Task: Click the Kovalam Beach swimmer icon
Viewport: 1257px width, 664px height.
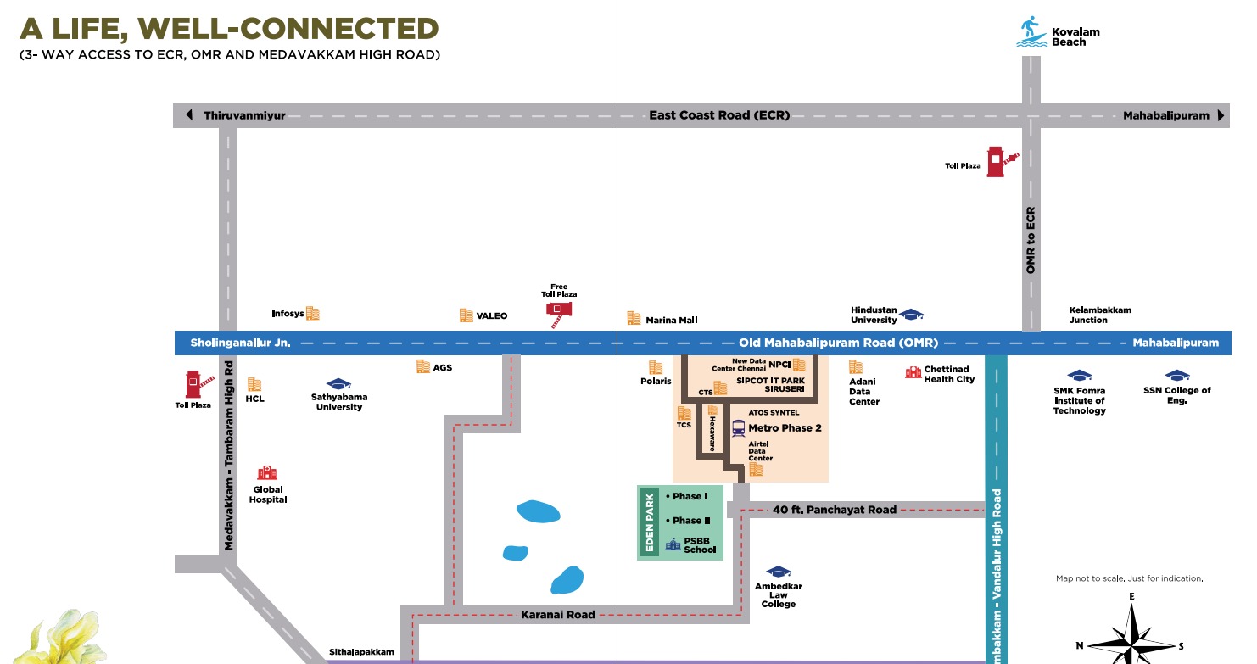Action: [x=1032, y=31]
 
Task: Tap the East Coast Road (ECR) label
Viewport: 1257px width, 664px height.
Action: [x=719, y=115]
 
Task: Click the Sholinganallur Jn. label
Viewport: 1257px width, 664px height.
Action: [x=240, y=343]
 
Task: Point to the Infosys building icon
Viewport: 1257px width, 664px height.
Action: [x=313, y=314]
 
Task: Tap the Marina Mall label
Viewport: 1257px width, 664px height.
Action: [x=671, y=320]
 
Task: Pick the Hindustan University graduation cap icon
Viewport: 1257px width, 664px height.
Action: [x=911, y=315]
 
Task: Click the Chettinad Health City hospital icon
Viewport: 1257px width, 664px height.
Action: [x=913, y=372]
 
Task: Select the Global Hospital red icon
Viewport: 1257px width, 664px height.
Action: [x=267, y=473]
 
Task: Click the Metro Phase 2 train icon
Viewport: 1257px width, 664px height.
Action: [x=738, y=428]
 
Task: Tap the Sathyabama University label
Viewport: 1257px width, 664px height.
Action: [x=339, y=401]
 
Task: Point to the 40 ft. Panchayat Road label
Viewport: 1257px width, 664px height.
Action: [x=834, y=510]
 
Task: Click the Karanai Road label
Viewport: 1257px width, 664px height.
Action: [x=557, y=614]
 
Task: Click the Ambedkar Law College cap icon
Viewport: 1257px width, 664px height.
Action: [x=778, y=572]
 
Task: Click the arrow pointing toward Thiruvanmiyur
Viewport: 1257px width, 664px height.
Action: [x=189, y=115]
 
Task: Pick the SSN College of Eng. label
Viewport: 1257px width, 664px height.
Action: [x=1176, y=395]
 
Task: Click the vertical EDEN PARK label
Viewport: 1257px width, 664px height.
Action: [x=651, y=522]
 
